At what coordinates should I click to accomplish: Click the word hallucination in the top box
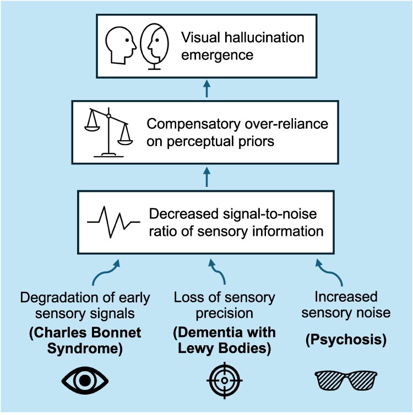point(264,37)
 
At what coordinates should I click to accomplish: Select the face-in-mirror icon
point(154,47)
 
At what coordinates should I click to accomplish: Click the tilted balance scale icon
point(108,132)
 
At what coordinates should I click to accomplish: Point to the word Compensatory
point(193,124)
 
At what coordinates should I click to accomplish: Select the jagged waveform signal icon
point(113,222)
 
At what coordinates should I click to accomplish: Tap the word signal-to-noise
point(270,214)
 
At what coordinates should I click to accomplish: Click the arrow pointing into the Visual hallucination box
point(206,89)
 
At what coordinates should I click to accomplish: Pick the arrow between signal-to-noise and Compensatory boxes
point(206,178)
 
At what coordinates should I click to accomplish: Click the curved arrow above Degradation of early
point(106,273)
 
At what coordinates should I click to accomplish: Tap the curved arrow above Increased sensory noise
point(329,272)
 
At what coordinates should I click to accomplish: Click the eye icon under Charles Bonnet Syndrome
point(85,380)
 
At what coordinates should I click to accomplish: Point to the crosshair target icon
point(225,380)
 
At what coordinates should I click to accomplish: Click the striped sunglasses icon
point(346,380)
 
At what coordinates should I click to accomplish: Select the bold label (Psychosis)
point(346,340)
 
